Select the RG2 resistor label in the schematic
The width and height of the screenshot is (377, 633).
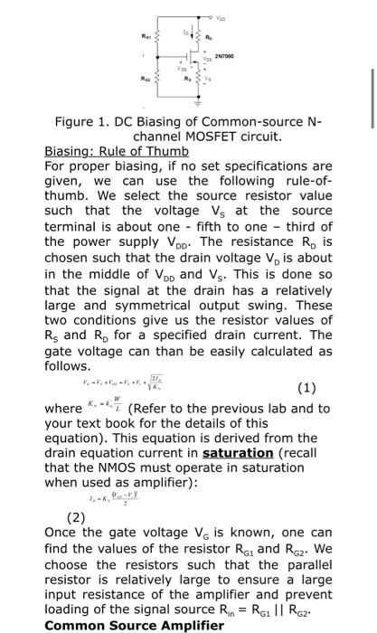[x=134, y=78]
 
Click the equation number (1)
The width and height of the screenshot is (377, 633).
[x=308, y=390]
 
